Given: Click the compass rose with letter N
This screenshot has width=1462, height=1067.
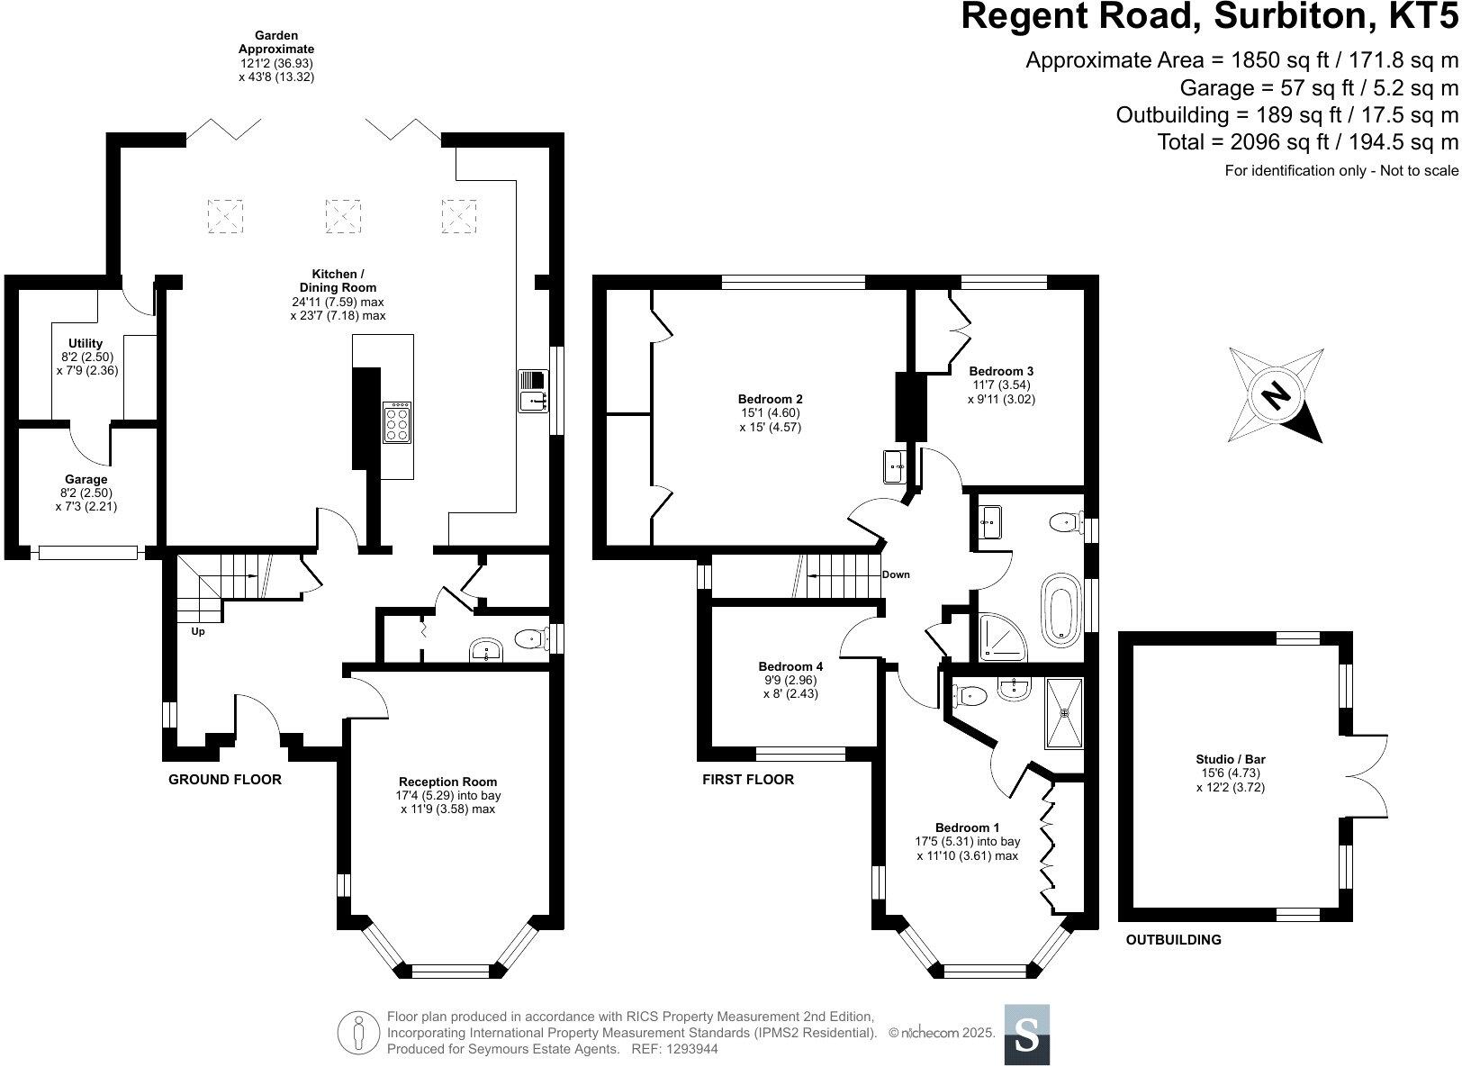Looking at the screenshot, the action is pyautogui.click(x=1276, y=395).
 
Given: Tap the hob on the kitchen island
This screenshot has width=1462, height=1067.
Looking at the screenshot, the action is pyautogui.click(x=397, y=422).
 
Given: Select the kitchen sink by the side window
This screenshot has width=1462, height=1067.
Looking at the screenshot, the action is pyautogui.click(x=533, y=391).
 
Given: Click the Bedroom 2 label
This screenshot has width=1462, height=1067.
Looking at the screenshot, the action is pyautogui.click(x=771, y=412).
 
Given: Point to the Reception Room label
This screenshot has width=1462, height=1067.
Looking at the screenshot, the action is pyautogui.click(x=447, y=795).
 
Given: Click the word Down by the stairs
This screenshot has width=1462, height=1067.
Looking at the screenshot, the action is pyautogui.click(x=896, y=574).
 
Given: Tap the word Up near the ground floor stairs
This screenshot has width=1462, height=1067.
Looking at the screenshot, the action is pyautogui.click(x=198, y=631).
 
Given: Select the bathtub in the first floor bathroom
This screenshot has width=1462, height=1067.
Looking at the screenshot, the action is pyautogui.click(x=1061, y=610).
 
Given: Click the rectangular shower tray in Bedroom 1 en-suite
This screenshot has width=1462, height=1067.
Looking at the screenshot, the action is pyautogui.click(x=1064, y=713).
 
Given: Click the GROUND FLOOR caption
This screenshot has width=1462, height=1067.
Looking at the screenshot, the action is pyautogui.click(x=224, y=779).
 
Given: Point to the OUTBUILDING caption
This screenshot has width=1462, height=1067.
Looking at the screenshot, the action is pyautogui.click(x=1174, y=940).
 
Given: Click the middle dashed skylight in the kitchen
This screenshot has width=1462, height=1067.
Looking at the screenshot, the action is pyautogui.click(x=343, y=215).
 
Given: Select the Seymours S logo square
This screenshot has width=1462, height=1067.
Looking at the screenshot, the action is pyautogui.click(x=1026, y=1035).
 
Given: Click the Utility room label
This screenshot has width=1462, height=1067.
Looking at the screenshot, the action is pyautogui.click(x=86, y=357).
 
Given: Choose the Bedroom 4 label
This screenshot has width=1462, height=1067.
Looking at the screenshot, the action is pyautogui.click(x=790, y=680).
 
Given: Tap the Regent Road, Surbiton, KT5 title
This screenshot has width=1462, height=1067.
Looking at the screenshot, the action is pyautogui.click(x=1209, y=16).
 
